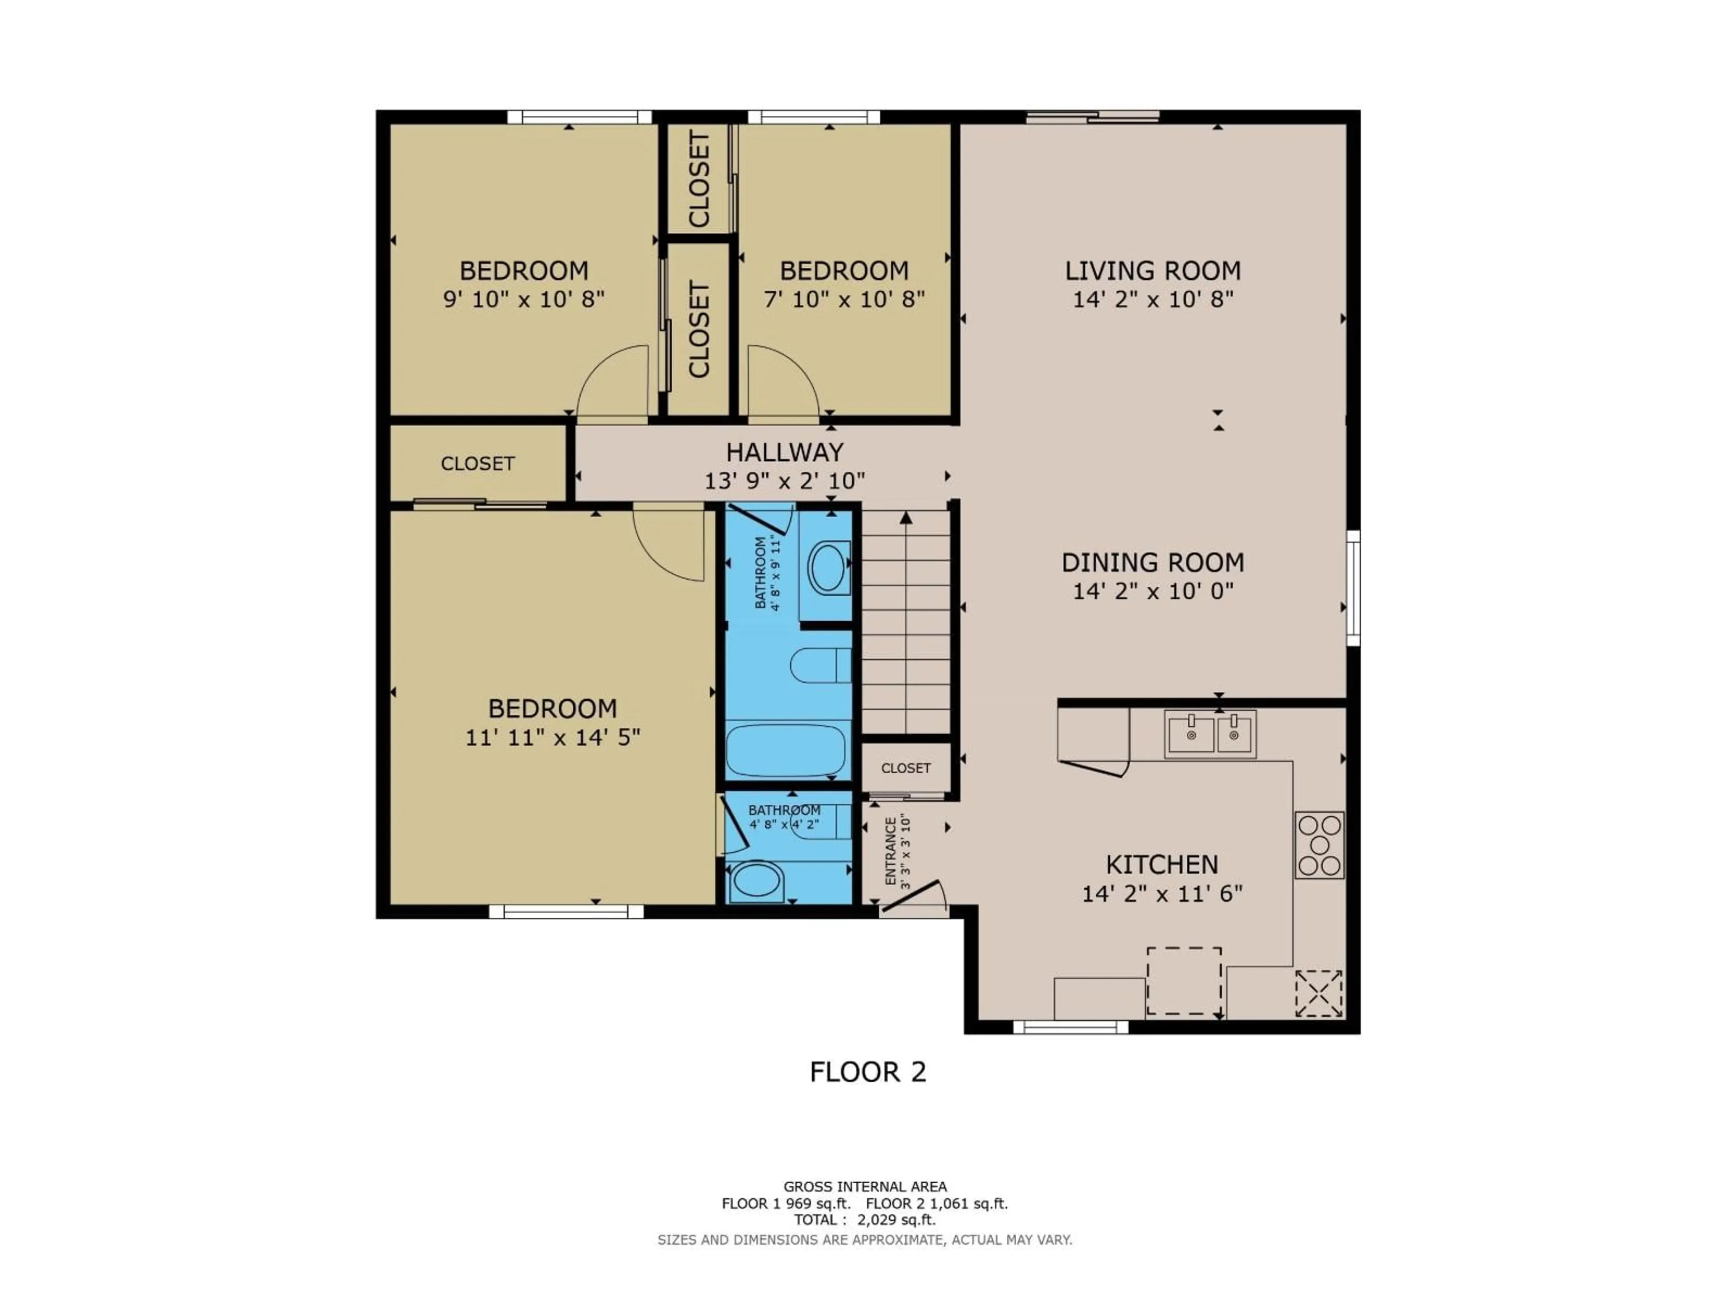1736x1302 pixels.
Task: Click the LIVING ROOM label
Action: click(x=1152, y=271)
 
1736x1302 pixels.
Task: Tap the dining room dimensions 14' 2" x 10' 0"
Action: click(x=1152, y=591)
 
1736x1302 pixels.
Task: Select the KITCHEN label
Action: click(x=1161, y=864)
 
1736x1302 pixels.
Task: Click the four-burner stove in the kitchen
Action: click(x=1319, y=844)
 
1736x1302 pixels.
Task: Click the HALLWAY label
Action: click(x=784, y=452)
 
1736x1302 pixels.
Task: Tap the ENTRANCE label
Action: click(x=891, y=852)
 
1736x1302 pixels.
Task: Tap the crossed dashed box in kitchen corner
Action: click(x=1318, y=994)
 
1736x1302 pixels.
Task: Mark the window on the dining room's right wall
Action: click(x=1353, y=588)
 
